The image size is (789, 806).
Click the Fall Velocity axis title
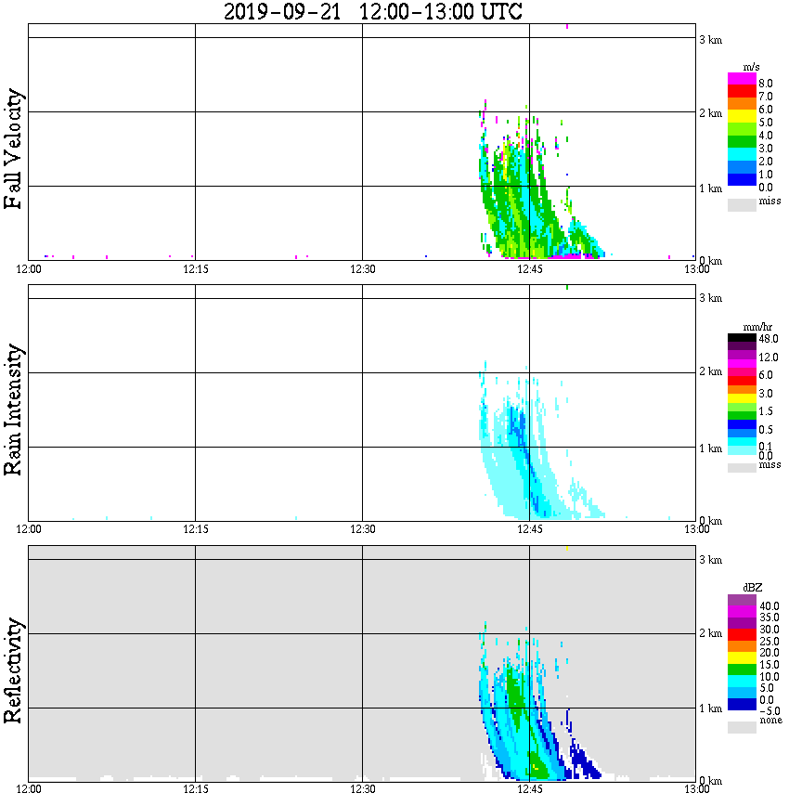(x=14, y=149)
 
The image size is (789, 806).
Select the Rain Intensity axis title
(x=14, y=409)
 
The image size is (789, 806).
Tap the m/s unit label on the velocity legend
(x=752, y=68)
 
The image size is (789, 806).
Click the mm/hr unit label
(x=753, y=329)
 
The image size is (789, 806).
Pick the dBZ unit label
(x=753, y=588)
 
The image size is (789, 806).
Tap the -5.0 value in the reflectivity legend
(x=767, y=711)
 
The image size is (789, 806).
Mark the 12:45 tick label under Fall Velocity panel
(x=530, y=269)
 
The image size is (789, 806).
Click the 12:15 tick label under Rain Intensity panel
(x=196, y=529)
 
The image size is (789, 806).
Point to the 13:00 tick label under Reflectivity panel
(x=697, y=789)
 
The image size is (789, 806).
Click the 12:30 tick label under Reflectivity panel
(x=363, y=789)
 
